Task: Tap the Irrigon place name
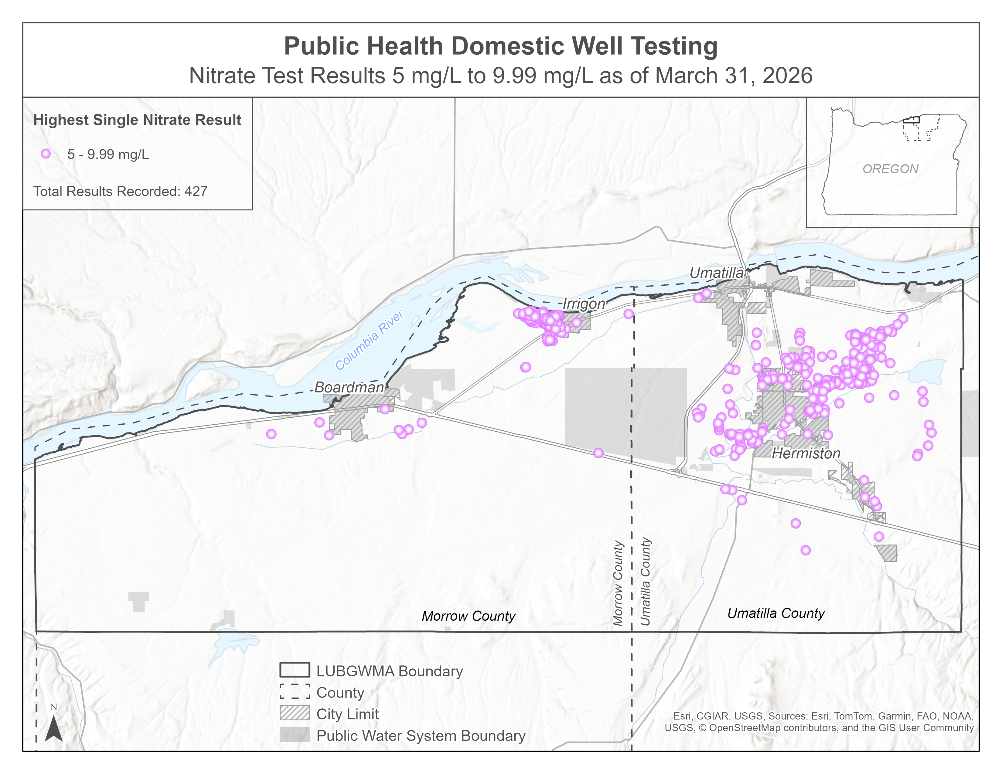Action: [x=584, y=304]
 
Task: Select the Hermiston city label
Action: [x=806, y=453]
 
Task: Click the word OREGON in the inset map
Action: [x=890, y=169]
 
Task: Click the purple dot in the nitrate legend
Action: [x=46, y=154]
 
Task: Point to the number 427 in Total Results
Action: [x=196, y=191]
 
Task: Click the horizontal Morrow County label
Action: [x=469, y=616]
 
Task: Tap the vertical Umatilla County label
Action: [x=646, y=582]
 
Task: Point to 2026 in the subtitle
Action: [x=787, y=76]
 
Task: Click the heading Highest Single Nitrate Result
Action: [x=137, y=120]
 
